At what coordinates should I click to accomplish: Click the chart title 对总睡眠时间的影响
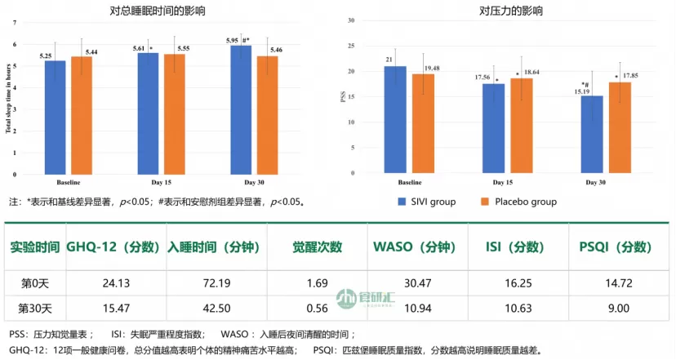click(x=167, y=11)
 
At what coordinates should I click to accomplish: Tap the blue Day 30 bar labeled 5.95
click(x=241, y=109)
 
